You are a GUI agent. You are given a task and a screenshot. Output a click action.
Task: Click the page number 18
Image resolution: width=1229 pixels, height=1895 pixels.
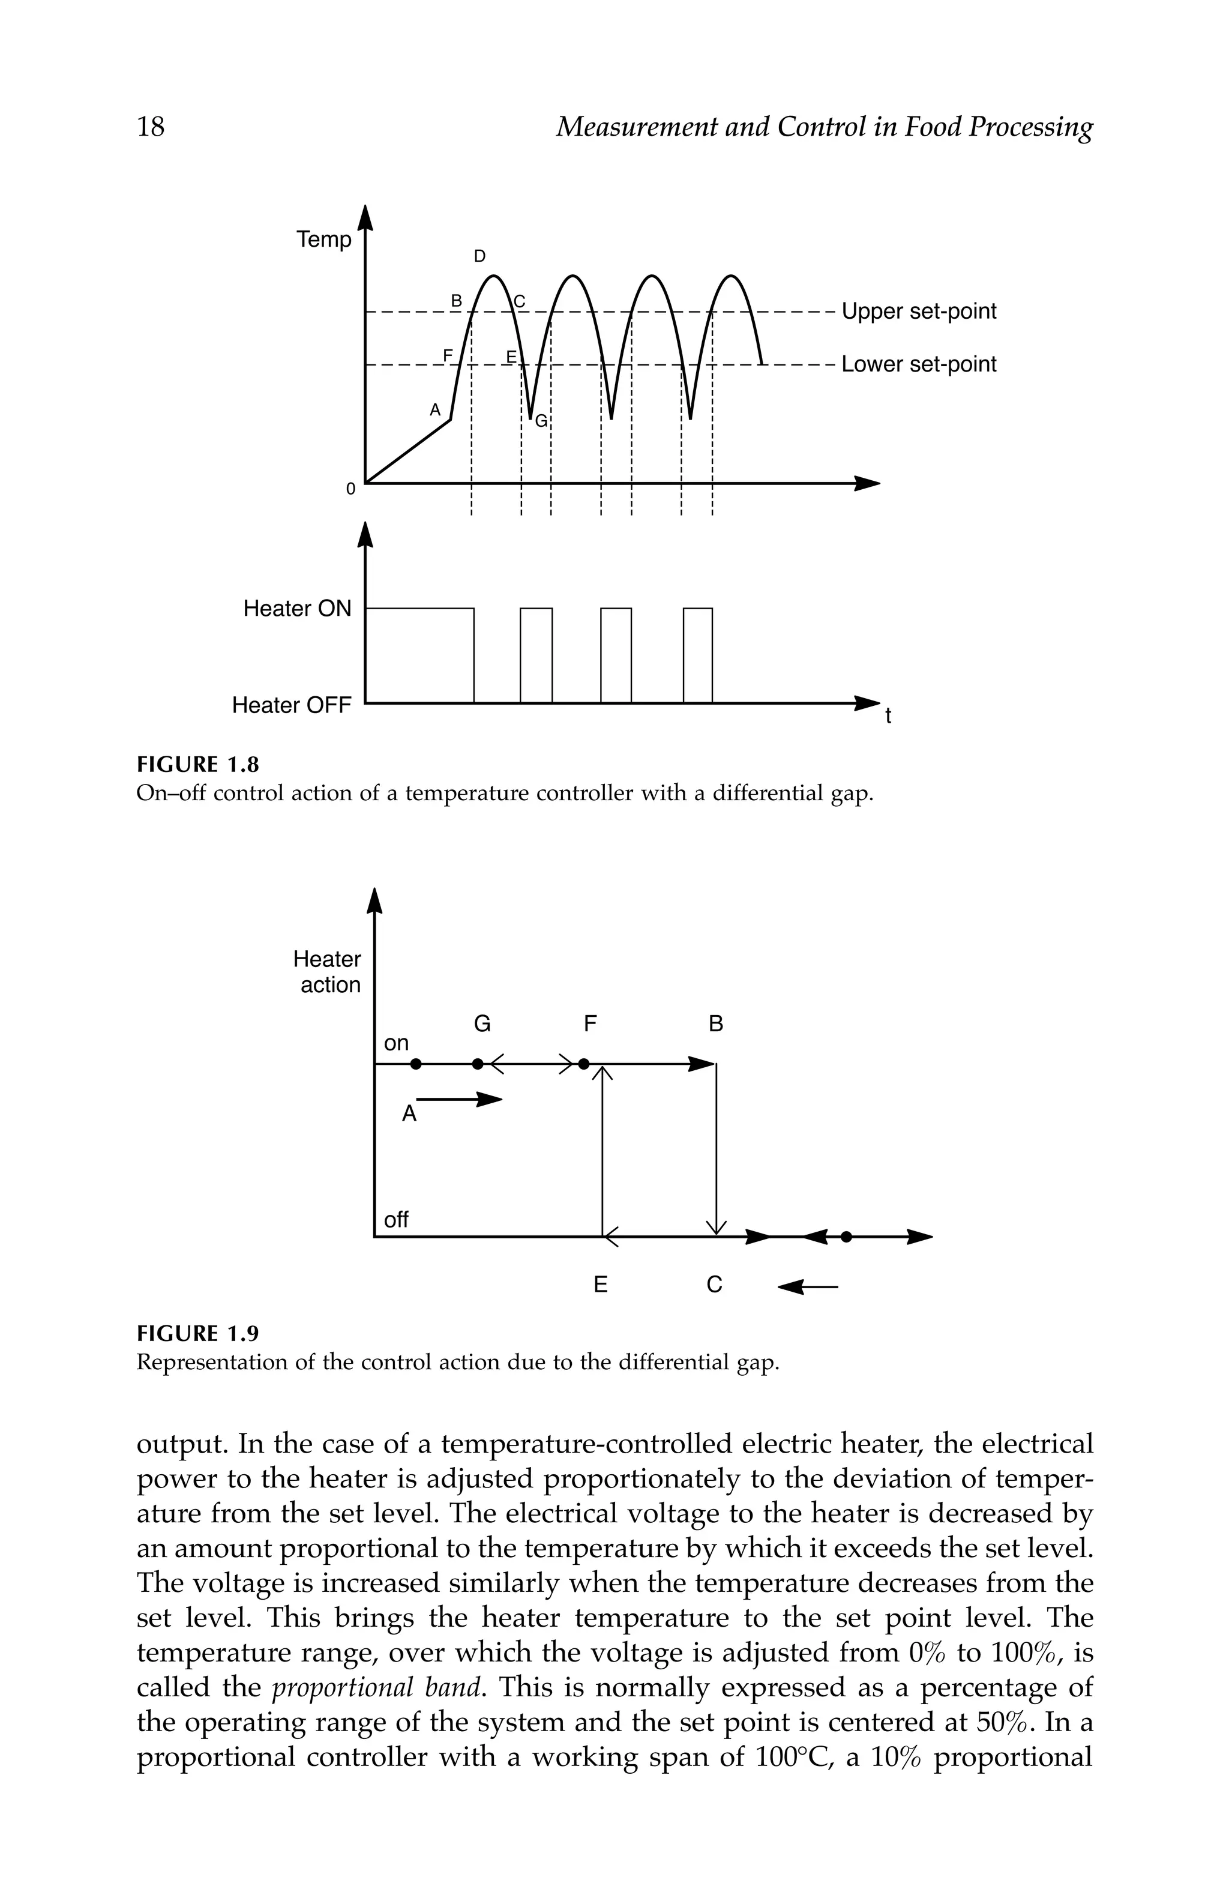151,127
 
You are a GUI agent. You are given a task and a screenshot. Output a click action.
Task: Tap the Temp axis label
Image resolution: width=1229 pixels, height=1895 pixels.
323,239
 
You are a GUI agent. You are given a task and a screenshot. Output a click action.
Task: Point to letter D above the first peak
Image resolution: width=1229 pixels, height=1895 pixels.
480,256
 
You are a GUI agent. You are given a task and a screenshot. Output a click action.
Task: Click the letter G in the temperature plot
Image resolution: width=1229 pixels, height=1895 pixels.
541,421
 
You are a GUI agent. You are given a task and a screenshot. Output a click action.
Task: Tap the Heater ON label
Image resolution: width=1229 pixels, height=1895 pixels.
297,609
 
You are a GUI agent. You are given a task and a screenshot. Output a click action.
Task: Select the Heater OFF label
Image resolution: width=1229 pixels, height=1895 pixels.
291,705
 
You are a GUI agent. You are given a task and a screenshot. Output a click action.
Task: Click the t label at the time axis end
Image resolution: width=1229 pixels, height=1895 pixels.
888,717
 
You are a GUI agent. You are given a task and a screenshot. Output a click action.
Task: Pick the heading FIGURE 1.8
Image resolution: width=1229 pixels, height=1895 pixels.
198,765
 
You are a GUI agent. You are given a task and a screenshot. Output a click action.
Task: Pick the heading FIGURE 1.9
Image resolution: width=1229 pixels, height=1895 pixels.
198,1334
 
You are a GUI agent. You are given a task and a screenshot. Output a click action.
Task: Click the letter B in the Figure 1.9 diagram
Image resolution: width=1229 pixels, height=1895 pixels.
715,1024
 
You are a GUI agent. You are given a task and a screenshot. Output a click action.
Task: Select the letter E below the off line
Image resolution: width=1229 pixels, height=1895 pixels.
601,1285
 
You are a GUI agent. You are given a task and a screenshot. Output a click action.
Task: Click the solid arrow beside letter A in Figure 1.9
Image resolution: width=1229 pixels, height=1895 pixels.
460,1100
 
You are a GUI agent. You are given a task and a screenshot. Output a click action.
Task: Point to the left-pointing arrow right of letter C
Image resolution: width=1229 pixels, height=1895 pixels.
807,1287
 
